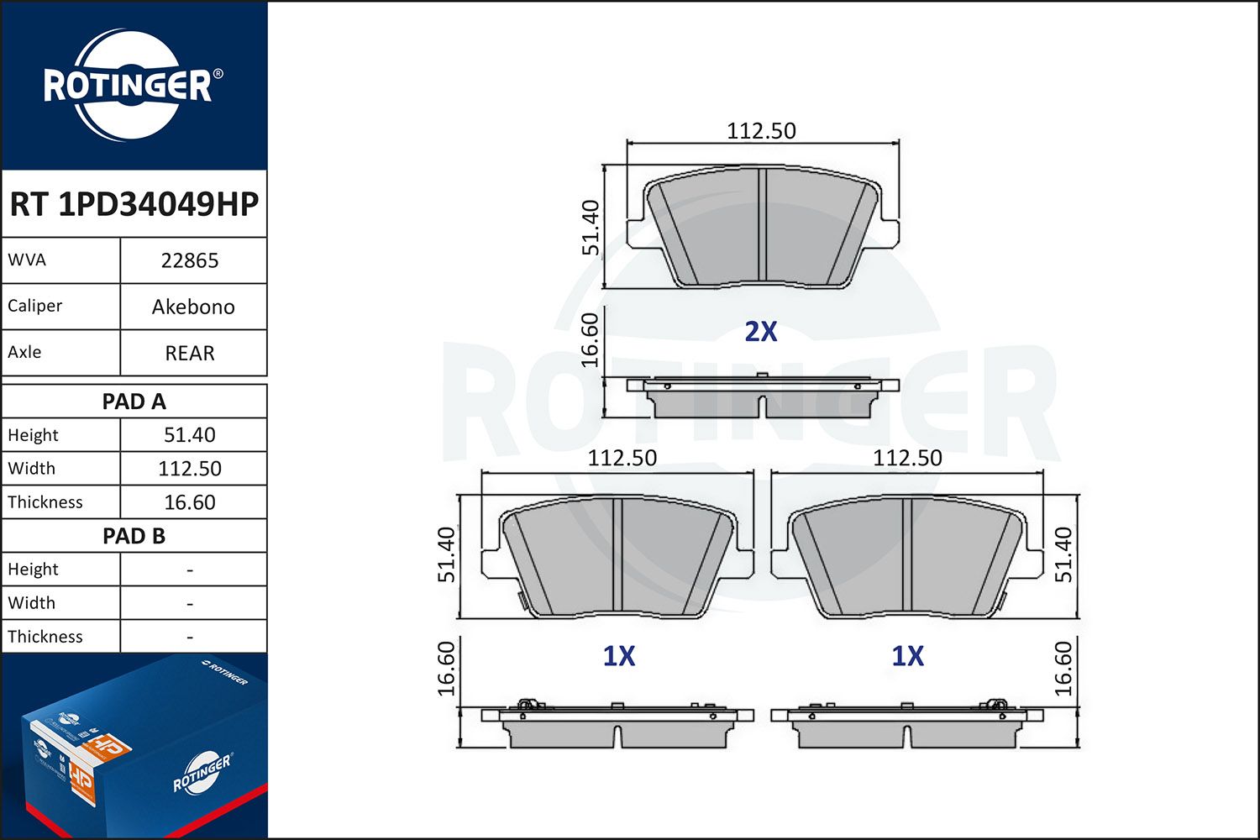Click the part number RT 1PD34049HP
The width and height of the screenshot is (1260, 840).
click(134, 204)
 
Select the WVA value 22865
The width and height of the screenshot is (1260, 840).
click(190, 260)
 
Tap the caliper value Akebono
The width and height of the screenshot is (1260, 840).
click(193, 307)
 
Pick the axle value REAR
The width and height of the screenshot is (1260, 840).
click(190, 353)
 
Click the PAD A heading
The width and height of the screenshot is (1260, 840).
click(134, 402)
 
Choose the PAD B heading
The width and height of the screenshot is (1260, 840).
click(134, 536)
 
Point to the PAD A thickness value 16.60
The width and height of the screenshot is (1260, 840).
click(190, 502)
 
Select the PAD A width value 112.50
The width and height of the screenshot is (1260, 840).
click(190, 469)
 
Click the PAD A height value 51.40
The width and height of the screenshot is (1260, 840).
click(190, 435)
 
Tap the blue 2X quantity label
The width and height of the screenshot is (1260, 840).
click(761, 332)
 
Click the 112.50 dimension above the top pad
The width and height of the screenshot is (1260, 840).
click(761, 131)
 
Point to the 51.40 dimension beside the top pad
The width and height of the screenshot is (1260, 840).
click(591, 228)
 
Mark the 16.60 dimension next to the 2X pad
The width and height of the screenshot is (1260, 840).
click(591, 339)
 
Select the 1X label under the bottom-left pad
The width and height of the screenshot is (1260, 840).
click(619, 656)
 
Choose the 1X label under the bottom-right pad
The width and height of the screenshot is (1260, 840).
click(907, 656)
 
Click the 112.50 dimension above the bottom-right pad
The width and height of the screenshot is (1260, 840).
click(907, 458)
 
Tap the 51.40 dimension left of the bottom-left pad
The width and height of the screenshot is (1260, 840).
click(447, 554)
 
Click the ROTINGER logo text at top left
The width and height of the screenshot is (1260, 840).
click(128, 87)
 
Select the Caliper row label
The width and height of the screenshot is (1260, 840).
click(35, 306)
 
